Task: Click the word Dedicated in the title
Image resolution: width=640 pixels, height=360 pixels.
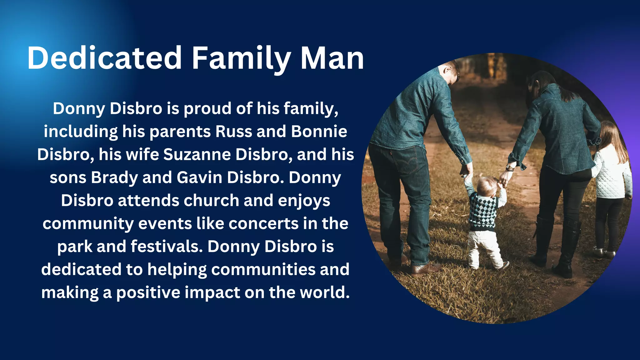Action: (x=104, y=58)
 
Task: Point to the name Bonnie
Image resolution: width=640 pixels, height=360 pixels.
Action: (x=319, y=132)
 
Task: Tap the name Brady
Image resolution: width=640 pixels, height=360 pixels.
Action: (x=114, y=178)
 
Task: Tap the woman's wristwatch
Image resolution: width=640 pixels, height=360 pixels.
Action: (x=510, y=167)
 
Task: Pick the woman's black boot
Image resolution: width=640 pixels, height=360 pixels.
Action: (x=567, y=250)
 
